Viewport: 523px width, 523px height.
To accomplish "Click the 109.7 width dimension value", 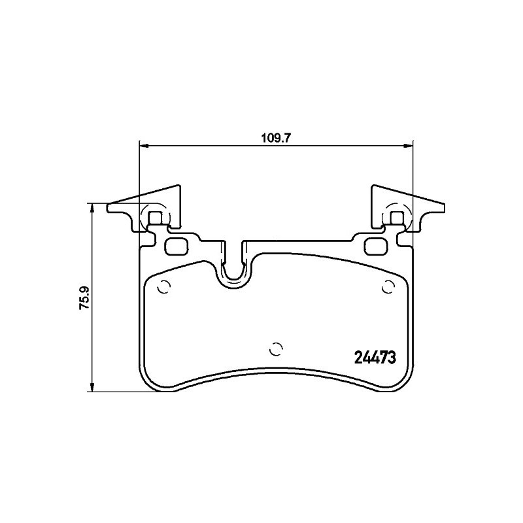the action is tap(276, 138).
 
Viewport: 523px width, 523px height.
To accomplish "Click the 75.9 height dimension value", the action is tap(85, 298).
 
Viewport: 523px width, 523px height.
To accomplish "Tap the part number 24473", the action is tap(375, 358).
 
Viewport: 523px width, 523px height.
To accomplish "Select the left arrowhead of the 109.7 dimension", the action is tap(143, 146).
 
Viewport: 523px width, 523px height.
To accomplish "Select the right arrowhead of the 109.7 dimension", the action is tap(409, 146).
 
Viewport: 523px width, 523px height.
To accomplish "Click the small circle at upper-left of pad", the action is tap(165, 287).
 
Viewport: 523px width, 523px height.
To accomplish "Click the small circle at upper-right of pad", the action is tap(388, 287).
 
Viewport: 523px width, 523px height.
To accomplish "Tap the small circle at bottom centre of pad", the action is tap(276, 349).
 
